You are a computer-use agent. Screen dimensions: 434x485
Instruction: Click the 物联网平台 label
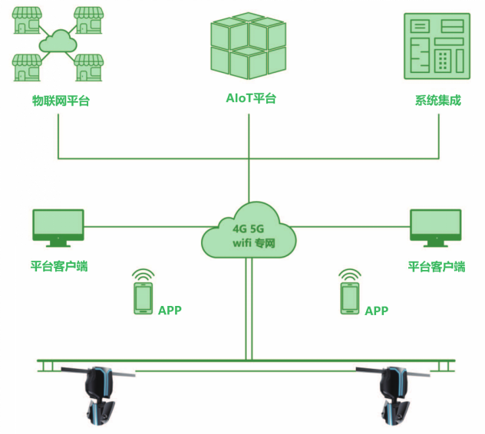click(x=59, y=101)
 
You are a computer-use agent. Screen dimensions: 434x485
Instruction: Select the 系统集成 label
click(x=437, y=100)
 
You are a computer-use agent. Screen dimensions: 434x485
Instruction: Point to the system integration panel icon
click(x=437, y=46)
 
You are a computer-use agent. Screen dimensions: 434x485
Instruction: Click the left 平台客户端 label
click(x=59, y=267)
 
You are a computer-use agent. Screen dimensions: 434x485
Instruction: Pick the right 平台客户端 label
click(x=437, y=267)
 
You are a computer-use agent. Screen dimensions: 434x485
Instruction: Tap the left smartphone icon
click(x=143, y=298)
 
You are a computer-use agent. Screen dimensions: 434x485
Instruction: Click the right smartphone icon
click(x=350, y=298)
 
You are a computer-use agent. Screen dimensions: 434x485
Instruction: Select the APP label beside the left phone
click(x=170, y=311)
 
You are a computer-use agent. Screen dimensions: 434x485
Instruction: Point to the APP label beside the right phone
click(x=376, y=311)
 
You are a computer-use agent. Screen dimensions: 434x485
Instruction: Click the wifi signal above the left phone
click(x=143, y=275)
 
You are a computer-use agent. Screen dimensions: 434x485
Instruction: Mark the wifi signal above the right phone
click(x=350, y=275)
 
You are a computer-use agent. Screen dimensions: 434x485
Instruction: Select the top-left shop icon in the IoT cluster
click(x=28, y=21)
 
